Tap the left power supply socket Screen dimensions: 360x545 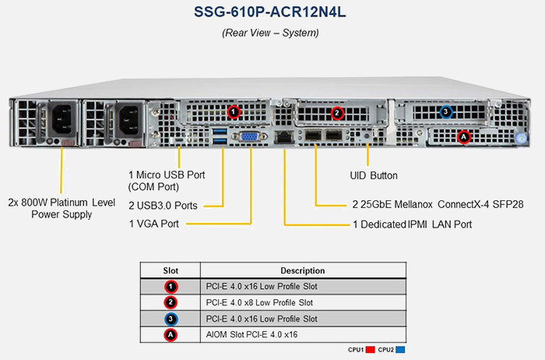60,121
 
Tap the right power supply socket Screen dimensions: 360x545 128,121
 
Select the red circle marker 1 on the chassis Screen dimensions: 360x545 233,112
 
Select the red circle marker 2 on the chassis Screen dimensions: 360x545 337,113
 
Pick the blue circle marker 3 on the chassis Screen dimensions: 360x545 445,112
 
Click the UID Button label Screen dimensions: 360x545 379,176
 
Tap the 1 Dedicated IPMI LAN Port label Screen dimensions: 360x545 413,224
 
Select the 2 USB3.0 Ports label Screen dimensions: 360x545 163,206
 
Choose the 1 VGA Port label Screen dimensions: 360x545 154,224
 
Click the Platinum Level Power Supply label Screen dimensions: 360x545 62,206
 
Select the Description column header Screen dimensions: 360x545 303,270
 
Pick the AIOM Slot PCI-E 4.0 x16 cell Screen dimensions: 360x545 251,334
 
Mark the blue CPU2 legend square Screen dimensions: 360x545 400,350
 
